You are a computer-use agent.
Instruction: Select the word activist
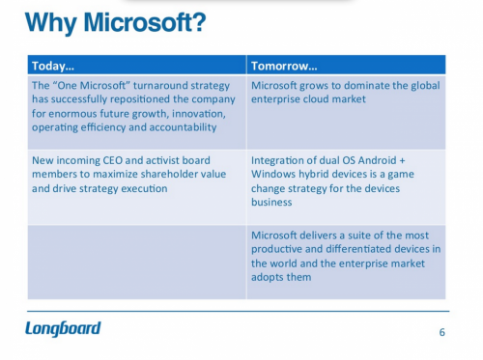171,160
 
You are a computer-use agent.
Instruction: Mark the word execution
143,188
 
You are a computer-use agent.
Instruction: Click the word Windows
275,175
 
